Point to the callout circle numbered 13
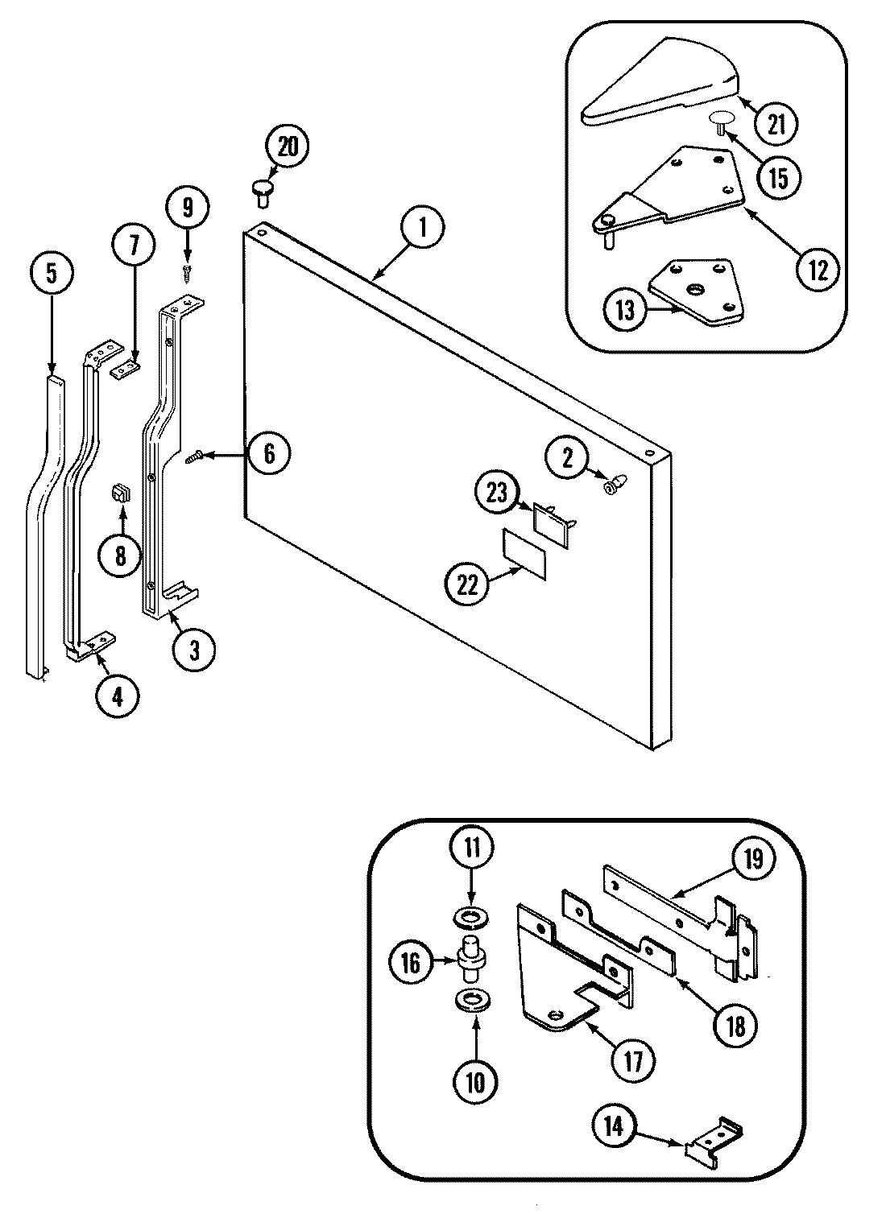click(x=627, y=309)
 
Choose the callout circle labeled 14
click(x=615, y=1127)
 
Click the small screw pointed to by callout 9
click(x=188, y=273)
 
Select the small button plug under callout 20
click(x=262, y=189)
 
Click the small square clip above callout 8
click(x=120, y=493)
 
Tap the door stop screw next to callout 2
click(x=611, y=485)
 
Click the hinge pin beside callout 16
click(x=470, y=958)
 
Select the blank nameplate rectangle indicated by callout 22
click(x=524, y=552)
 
